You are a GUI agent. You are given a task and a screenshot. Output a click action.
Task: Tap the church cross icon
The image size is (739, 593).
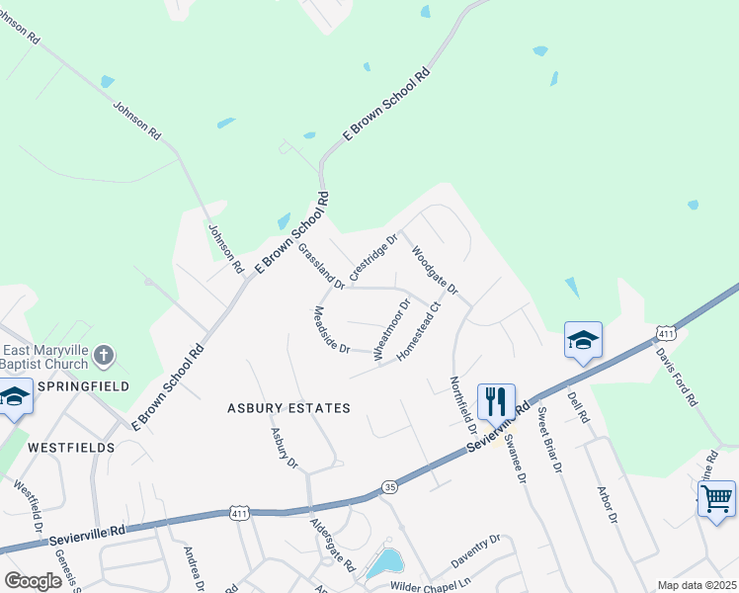[x=106, y=355]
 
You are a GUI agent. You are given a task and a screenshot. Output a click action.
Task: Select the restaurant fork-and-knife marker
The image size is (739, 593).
[x=495, y=401]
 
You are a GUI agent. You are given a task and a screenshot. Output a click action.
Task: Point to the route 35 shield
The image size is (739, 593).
[x=389, y=487]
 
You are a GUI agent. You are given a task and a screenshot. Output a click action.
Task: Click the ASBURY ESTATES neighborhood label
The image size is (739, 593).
[x=288, y=407]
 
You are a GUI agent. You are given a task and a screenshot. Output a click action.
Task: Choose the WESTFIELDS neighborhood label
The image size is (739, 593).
[x=71, y=447]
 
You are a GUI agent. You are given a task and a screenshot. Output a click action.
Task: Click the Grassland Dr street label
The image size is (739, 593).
[x=321, y=266]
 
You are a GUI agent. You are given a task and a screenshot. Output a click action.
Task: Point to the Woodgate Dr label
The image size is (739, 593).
[x=435, y=271]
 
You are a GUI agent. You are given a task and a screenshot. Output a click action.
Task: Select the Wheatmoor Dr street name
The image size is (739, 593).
[x=388, y=329]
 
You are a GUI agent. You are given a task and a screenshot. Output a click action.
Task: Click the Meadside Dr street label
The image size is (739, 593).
[x=332, y=329]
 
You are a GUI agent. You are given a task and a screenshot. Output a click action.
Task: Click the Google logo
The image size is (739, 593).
[x=33, y=580]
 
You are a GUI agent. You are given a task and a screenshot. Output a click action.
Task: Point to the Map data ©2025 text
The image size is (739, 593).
[x=697, y=585]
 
